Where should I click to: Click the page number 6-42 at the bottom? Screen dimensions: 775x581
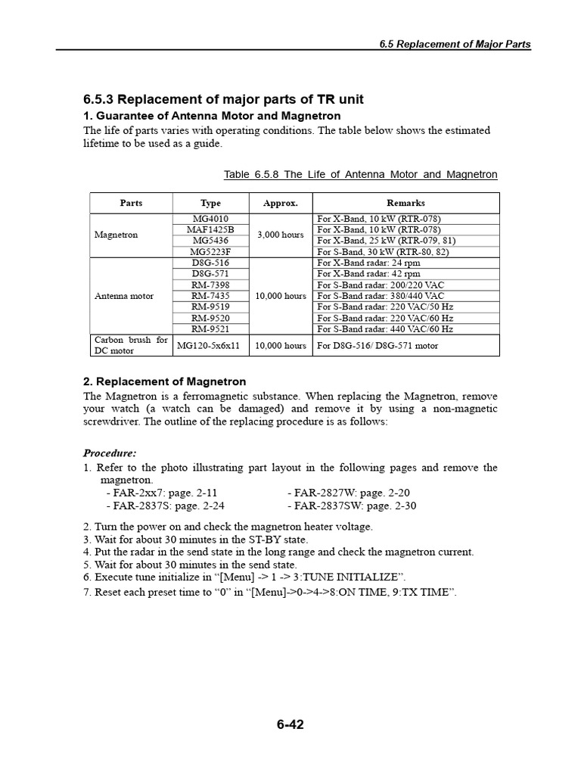coord(290,724)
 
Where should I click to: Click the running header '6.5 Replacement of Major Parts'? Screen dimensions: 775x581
coord(455,44)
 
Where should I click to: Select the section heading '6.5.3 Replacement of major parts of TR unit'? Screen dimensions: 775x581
coord(223,100)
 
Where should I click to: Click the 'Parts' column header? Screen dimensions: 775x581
coord(131,203)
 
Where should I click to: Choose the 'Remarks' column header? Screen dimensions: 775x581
coord(405,203)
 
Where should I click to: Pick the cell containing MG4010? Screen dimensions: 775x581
coord(210,219)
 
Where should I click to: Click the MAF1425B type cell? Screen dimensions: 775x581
coord(210,229)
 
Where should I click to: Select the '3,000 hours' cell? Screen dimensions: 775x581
coord(280,235)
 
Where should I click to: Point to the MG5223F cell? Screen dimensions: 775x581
coord(210,251)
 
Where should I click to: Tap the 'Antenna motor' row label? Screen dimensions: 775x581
coord(124,296)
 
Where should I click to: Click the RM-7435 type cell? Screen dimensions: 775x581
coord(210,296)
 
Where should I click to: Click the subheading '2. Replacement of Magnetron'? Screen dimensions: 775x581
coord(164,381)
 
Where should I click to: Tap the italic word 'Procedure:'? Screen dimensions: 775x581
coord(110,453)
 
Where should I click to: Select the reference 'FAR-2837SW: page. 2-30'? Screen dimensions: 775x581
coord(352,506)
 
